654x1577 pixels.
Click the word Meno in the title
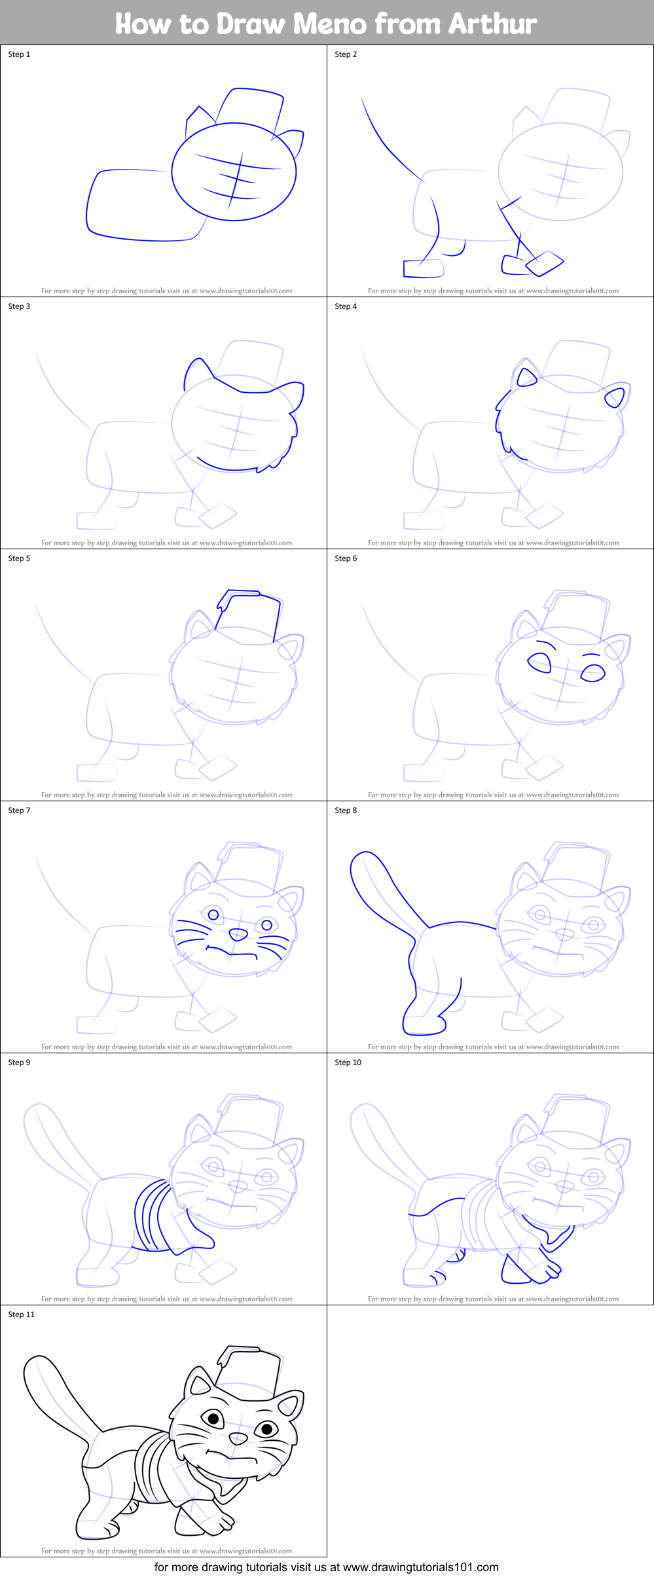329,24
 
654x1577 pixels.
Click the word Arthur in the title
493,24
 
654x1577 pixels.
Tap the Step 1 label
19,54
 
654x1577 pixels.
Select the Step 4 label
346,306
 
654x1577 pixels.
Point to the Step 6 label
346,558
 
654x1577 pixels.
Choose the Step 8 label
346,810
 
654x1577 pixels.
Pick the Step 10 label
348,1062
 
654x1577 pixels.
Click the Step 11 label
21,1314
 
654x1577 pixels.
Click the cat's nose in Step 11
238,1438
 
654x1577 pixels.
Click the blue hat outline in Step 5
249,611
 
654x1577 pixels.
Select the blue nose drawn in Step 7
238,934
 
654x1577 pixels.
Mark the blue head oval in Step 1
234,172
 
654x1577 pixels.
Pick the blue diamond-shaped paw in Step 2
545,263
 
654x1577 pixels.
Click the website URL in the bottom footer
420,1567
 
